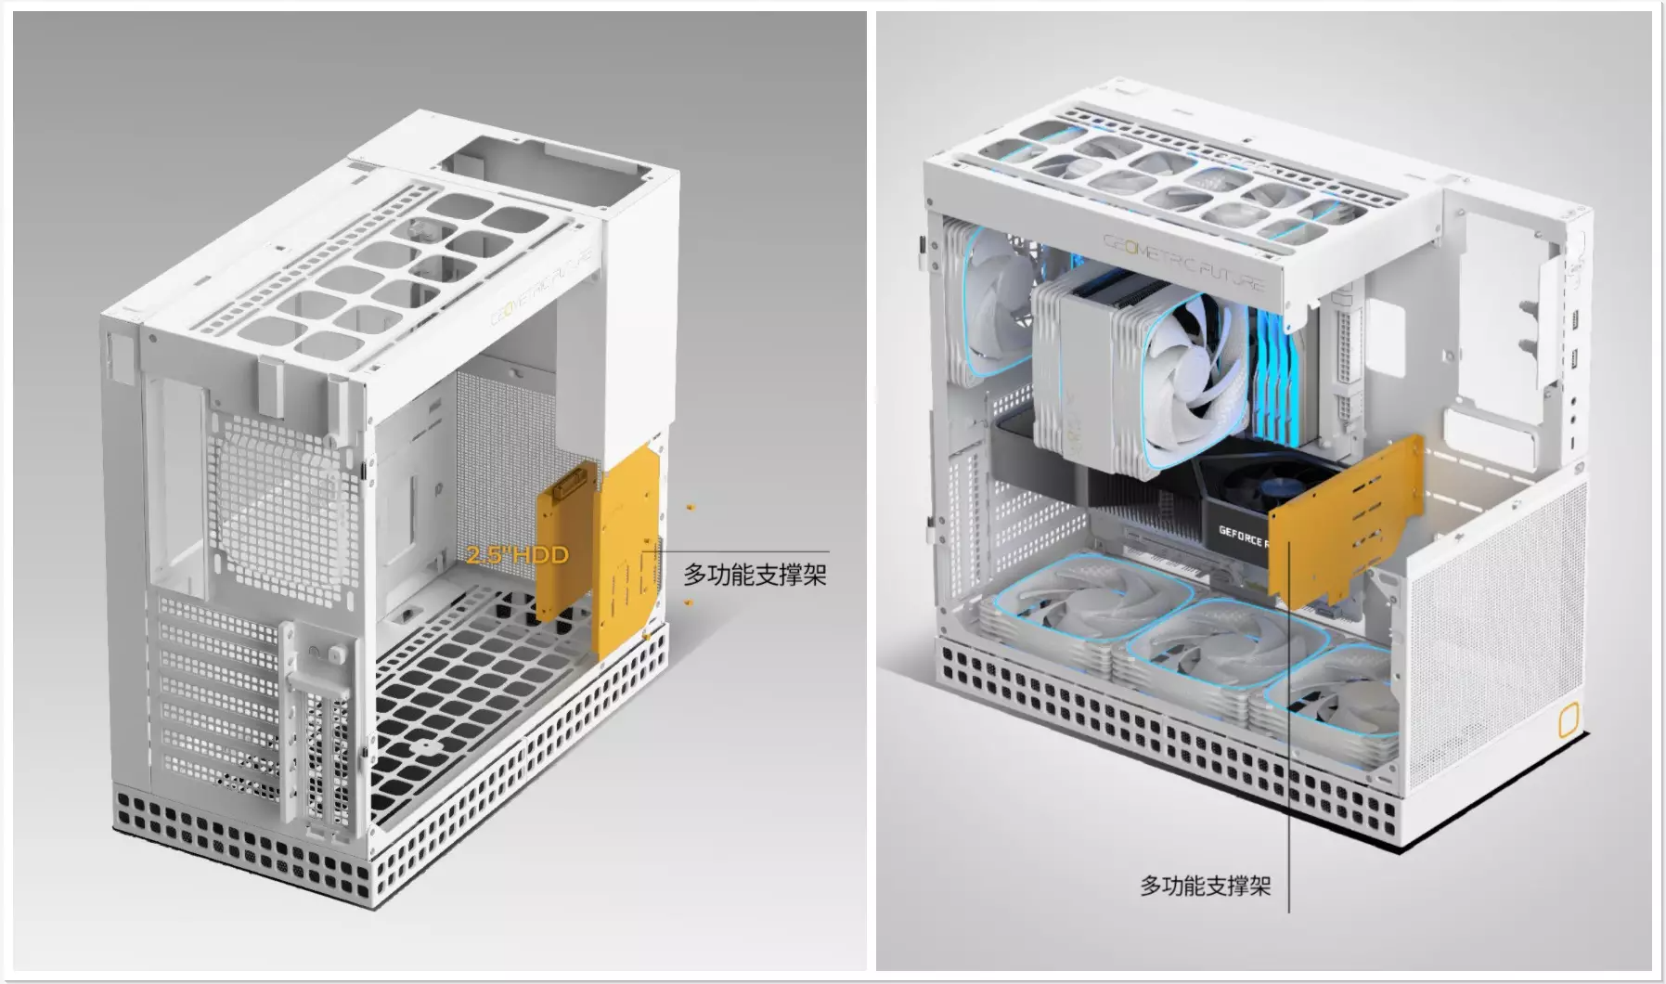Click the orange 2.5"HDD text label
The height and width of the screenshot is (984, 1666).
[517, 555]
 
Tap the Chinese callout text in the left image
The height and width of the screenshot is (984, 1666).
[755, 575]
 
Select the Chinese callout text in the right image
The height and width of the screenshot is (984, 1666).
[1205, 886]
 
